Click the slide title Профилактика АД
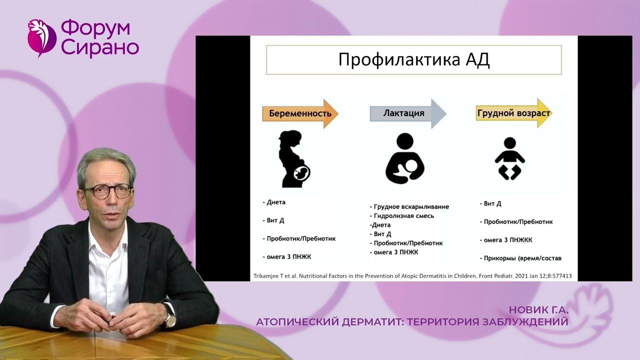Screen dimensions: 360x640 (x=413, y=60)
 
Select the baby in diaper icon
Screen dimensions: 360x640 (x=509, y=159)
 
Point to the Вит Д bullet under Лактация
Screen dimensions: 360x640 (x=381, y=234)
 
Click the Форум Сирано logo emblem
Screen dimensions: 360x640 (x=41, y=37)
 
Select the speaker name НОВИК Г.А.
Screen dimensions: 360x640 (x=538, y=310)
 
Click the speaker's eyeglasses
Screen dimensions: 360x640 (x=107, y=190)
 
